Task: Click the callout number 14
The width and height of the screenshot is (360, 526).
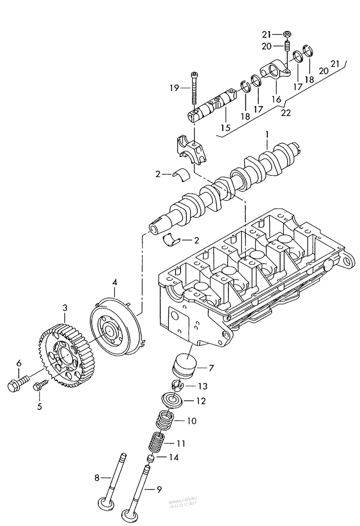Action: [x=173, y=458]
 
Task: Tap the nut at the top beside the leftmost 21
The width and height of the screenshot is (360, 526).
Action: [x=287, y=34]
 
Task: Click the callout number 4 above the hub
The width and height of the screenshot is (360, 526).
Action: [x=114, y=282]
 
